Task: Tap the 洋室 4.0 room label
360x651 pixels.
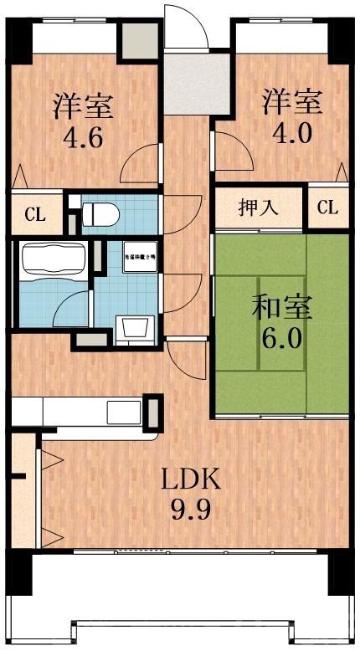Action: click(291, 118)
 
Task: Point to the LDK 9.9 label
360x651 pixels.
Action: click(190, 494)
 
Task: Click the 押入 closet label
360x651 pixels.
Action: click(259, 208)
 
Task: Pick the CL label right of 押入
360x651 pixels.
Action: click(327, 208)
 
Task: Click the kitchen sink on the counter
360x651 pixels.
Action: click(123, 413)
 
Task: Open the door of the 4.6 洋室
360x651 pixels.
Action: click(141, 163)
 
